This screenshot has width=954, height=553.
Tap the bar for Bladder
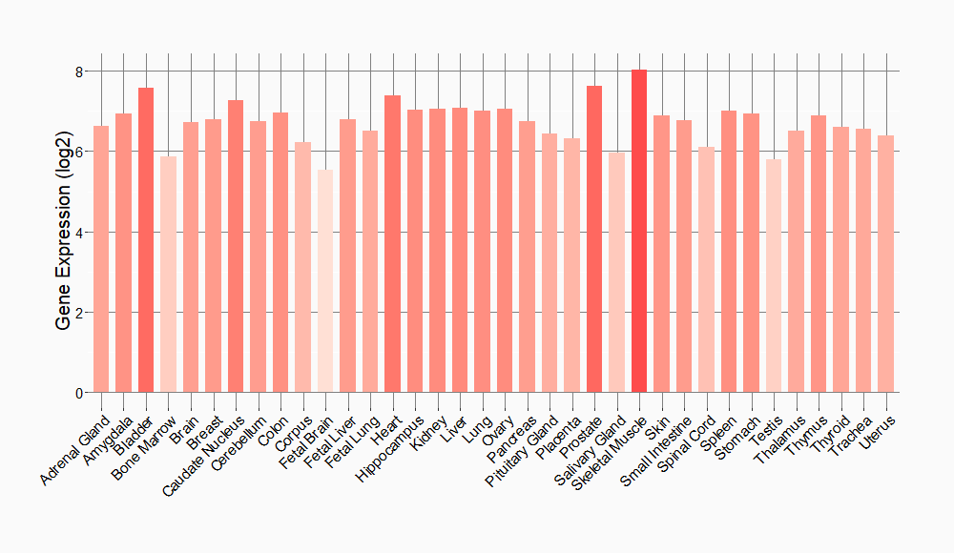click(x=146, y=239)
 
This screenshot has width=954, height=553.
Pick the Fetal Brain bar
click(x=325, y=280)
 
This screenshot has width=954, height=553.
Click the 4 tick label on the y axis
click(x=79, y=232)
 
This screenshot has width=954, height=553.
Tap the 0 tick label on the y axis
click(x=79, y=393)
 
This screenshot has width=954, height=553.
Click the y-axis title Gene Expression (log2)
click(x=63, y=232)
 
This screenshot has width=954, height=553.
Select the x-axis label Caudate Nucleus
click(x=204, y=454)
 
